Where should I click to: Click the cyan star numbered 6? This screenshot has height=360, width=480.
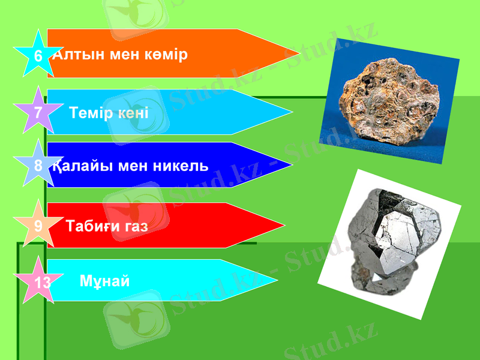tap(38, 56)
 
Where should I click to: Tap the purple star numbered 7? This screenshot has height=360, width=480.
tap(38, 112)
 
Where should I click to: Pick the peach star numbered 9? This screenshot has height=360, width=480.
tap(38, 226)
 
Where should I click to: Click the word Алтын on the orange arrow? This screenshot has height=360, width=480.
tap(76, 55)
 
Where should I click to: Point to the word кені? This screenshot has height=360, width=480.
tap(133, 113)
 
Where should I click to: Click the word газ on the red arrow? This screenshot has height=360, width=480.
tap(136, 226)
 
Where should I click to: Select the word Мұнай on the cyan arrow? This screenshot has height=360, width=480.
tap(104, 281)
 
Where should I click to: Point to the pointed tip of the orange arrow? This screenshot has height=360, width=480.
tap(298, 53)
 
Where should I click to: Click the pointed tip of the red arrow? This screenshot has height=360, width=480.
tap(283, 226)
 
